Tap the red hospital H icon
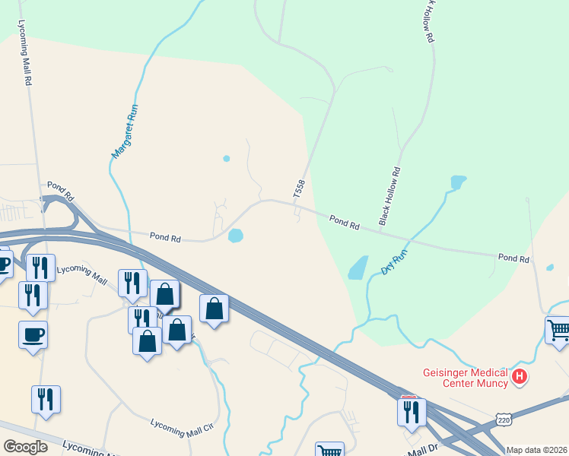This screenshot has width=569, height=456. click(520, 376)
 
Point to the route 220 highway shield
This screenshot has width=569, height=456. click(503, 419)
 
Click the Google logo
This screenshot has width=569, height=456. click(25, 446)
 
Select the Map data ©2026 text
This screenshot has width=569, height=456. click(536, 450)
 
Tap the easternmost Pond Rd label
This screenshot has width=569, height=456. click(513, 258)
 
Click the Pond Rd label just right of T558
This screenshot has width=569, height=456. click(345, 222)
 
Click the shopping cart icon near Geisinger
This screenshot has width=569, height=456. click(558, 331)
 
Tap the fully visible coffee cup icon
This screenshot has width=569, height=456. click(33, 334)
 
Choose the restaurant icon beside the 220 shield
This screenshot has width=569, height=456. click(411, 411)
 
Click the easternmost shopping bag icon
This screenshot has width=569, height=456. click(215, 308)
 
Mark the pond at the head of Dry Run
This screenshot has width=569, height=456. click(458, 182)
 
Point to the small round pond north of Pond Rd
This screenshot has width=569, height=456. click(226, 159)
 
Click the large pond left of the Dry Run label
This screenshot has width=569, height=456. click(357, 268)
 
